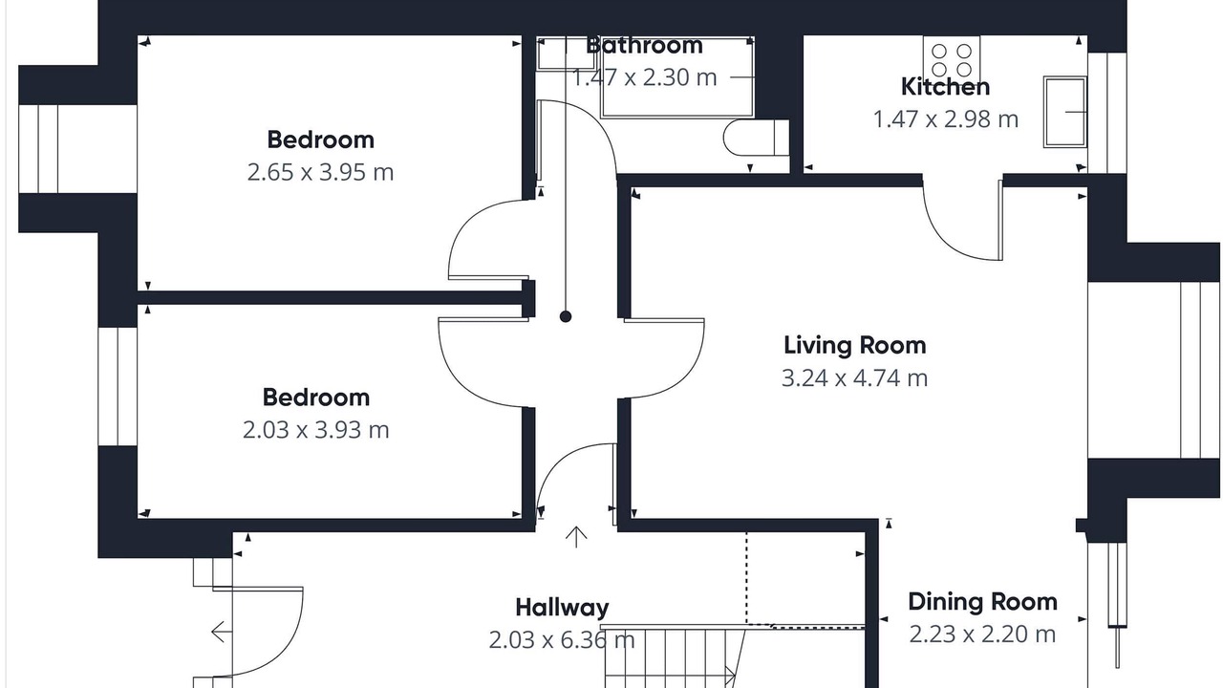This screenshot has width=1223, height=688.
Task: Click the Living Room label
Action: (x=855, y=346)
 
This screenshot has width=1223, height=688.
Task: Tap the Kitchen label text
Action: (x=945, y=87)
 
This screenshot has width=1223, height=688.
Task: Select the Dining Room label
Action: (x=983, y=602)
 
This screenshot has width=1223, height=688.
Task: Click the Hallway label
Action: (x=562, y=608)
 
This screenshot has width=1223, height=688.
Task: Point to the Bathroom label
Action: (x=644, y=45)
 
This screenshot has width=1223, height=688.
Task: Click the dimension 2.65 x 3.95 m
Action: (x=320, y=173)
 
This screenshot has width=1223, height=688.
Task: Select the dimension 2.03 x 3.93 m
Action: (x=316, y=430)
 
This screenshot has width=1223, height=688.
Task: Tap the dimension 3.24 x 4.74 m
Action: (x=855, y=377)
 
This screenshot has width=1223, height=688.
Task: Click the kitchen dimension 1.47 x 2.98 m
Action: (x=946, y=119)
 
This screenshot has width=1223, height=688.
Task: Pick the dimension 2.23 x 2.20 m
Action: (x=983, y=634)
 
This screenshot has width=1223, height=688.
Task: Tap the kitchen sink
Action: (x=1064, y=112)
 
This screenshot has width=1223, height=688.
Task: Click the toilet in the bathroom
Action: (x=756, y=138)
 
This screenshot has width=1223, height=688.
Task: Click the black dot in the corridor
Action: (x=566, y=316)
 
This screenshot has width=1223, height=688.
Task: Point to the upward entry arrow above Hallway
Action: (x=576, y=537)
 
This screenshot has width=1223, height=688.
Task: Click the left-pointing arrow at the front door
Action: (x=222, y=633)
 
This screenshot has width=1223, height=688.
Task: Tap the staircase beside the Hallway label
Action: (x=675, y=656)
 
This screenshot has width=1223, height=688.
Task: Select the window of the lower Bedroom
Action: (x=118, y=387)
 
